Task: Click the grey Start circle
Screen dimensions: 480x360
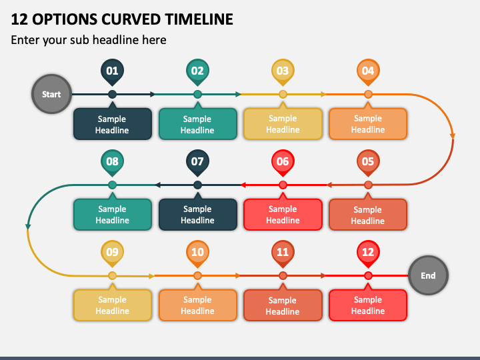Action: coord(51,94)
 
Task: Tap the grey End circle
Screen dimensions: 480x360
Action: coord(428,275)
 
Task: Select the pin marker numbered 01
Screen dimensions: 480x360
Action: coord(113,72)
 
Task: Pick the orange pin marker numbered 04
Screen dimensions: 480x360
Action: coord(368,72)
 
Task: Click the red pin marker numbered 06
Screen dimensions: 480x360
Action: coord(283,163)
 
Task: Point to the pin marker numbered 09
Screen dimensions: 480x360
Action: coord(113,253)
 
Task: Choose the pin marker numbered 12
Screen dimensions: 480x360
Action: coord(368,253)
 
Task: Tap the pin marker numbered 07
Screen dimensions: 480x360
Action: coord(198,163)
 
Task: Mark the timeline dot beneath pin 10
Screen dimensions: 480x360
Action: coord(198,275)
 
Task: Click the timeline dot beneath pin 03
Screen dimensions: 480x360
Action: coord(283,94)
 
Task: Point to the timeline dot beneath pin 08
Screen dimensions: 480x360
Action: coord(113,185)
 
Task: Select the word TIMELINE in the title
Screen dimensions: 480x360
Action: coord(199,19)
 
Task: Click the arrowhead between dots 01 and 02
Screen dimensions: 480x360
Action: coord(153,94)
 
